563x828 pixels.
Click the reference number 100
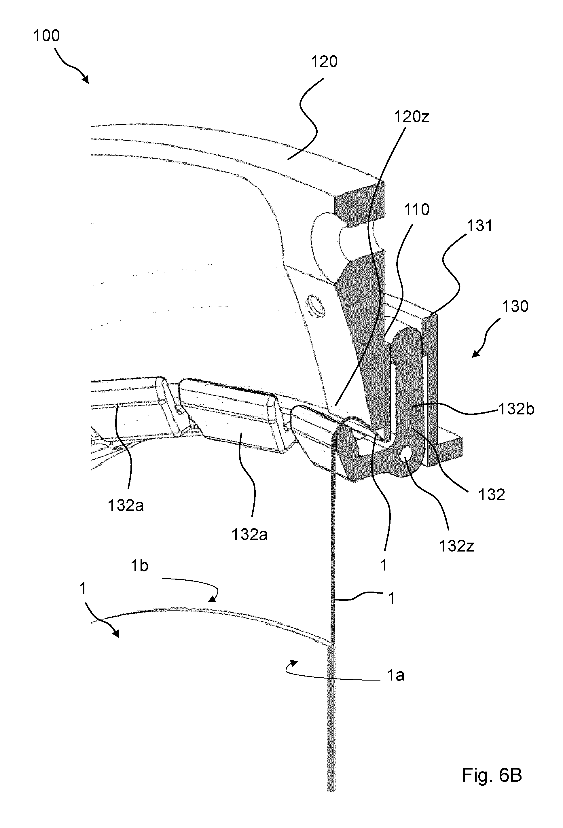coord(46,36)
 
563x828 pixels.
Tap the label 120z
coord(412,117)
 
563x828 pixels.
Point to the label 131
coord(479,226)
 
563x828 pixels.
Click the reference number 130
coord(515,306)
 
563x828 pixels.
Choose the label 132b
coord(516,409)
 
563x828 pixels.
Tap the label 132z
coord(456,546)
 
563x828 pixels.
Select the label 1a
coord(395,675)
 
